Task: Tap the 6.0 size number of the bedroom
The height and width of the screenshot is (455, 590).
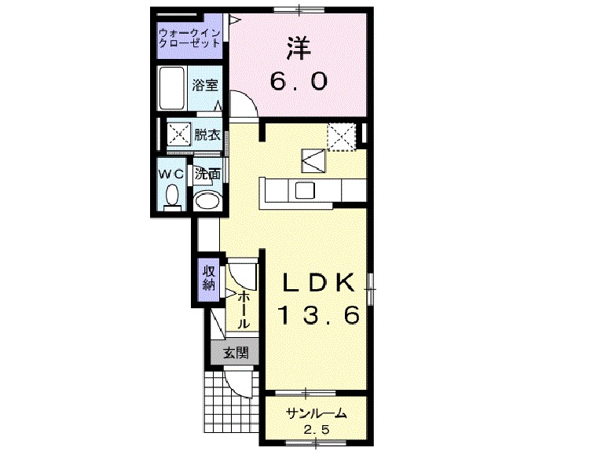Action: coord(299,81)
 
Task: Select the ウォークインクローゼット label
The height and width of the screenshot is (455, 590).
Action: coord(188,38)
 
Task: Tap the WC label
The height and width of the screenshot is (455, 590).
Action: coord(173,171)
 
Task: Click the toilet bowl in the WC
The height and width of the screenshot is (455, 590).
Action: coord(174,196)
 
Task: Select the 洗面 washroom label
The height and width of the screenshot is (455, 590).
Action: coord(207,173)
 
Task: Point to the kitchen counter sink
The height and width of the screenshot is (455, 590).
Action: coord(304,189)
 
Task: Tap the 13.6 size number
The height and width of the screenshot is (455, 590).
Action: coord(318,315)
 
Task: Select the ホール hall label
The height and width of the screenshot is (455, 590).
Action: coord(244,308)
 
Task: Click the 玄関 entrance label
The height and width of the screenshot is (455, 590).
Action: coord(235,353)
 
